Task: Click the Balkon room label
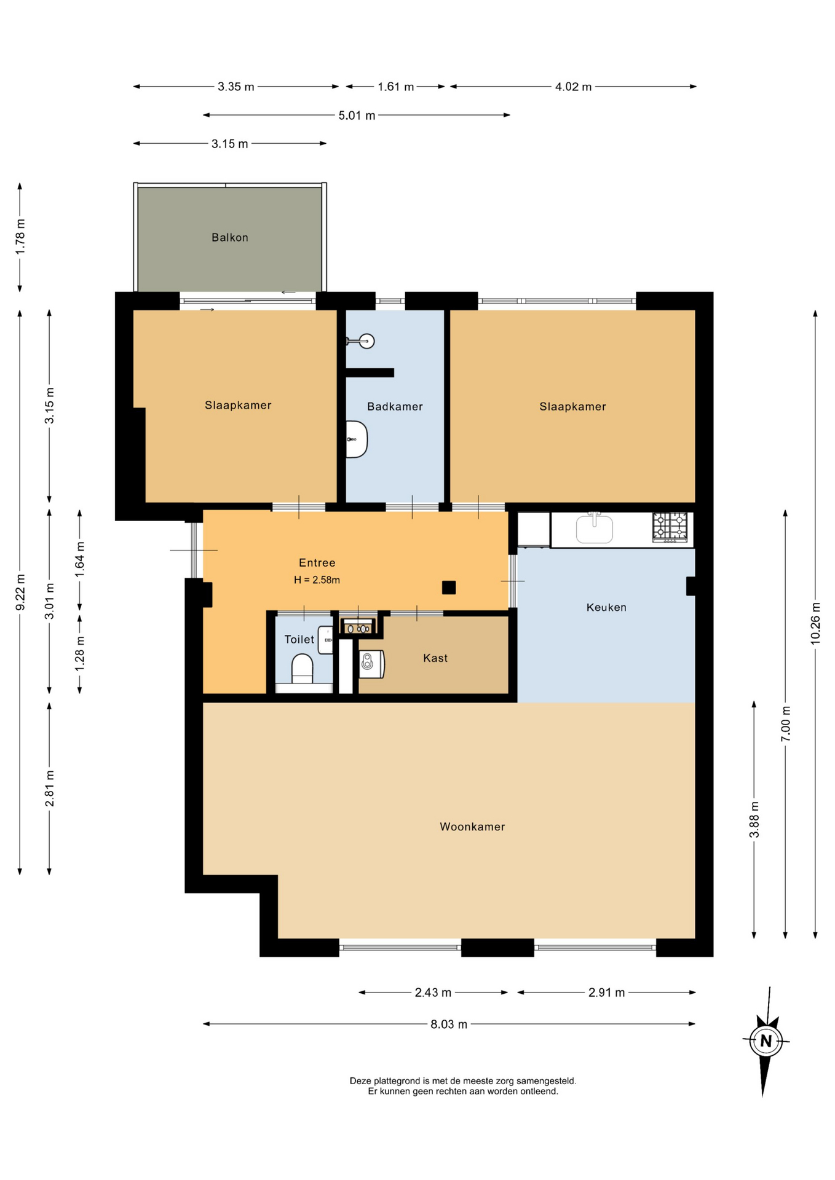pyautogui.click(x=230, y=237)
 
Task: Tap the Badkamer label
pyautogui.click(x=395, y=406)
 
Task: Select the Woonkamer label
pyautogui.click(x=472, y=827)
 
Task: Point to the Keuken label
pyautogui.click(x=606, y=607)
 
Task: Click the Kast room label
pyautogui.click(x=435, y=658)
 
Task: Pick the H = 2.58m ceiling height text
pyautogui.click(x=317, y=580)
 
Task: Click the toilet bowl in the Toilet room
pyautogui.click(x=302, y=669)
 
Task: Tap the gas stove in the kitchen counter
pyautogui.click(x=670, y=527)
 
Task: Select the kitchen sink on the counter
pyautogui.click(x=594, y=529)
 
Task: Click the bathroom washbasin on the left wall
pyautogui.click(x=357, y=439)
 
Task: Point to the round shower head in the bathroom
pyautogui.click(x=366, y=341)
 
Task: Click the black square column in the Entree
pyautogui.click(x=449, y=588)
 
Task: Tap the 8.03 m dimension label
pyautogui.click(x=449, y=1024)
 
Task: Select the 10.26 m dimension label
pyautogui.click(x=815, y=623)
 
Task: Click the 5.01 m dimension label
pyautogui.click(x=357, y=116)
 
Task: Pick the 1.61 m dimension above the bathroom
pyautogui.click(x=395, y=87)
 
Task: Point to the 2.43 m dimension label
pyautogui.click(x=433, y=993)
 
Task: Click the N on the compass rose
pyautogui.click(x=766, y=1041)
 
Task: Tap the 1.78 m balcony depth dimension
pyautogui.click(x=20, y=237)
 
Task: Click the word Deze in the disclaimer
pyautogui.click(x=360, y=1080)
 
